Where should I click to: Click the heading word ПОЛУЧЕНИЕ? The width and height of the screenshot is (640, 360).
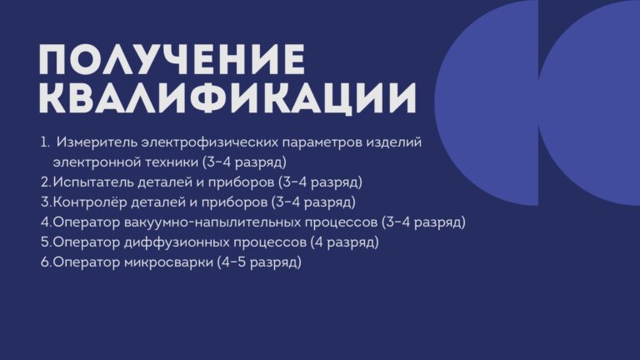click(x=172, y=59)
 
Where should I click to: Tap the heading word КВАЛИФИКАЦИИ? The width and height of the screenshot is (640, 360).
click(x=227, y=98)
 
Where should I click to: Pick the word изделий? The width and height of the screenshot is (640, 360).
click(x=393, y=142)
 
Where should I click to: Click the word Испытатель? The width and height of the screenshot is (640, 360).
click(x=93, y=182)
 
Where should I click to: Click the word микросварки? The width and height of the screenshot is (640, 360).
click(x=168, y=262)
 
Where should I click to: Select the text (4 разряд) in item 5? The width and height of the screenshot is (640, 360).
click(x=344, y=242)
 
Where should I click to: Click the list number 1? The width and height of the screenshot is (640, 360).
click(x=44, y=142)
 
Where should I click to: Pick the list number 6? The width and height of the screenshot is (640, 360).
click(x=46, y=262)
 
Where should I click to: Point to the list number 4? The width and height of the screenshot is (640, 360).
click(x=46, y=222)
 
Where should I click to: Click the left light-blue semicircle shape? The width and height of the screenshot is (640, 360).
click(x=487, y=102)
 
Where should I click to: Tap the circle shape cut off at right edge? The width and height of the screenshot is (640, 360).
click(x=589, y=102)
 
